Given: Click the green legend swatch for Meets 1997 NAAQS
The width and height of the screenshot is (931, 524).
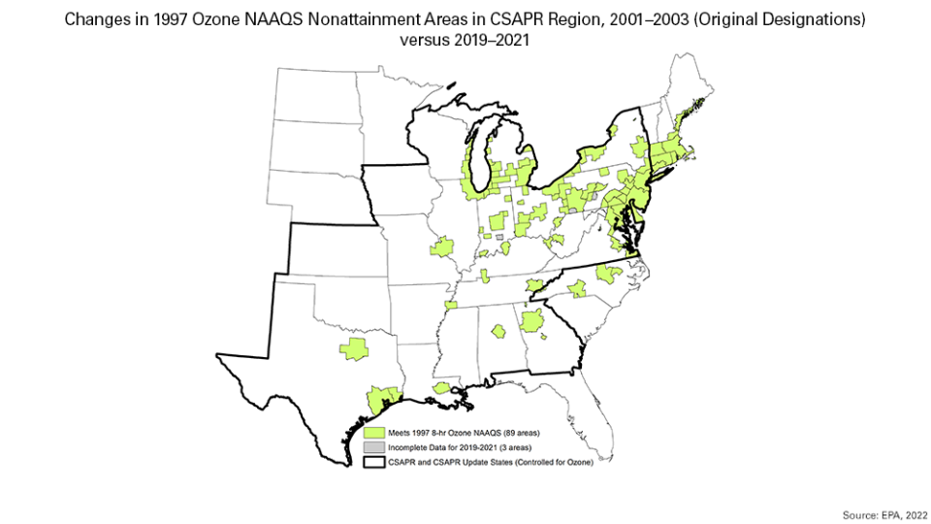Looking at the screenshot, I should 372,431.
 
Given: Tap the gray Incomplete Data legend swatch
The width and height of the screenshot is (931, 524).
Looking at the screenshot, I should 372,446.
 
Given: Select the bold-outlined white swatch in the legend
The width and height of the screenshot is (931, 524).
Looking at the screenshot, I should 372,462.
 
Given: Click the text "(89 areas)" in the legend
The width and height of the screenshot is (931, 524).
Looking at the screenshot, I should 516,431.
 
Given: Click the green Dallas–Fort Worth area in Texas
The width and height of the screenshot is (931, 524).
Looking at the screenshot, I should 354,349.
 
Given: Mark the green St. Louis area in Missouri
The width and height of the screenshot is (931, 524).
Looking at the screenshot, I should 442,246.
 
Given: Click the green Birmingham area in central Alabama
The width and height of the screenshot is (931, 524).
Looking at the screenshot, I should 498,332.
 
